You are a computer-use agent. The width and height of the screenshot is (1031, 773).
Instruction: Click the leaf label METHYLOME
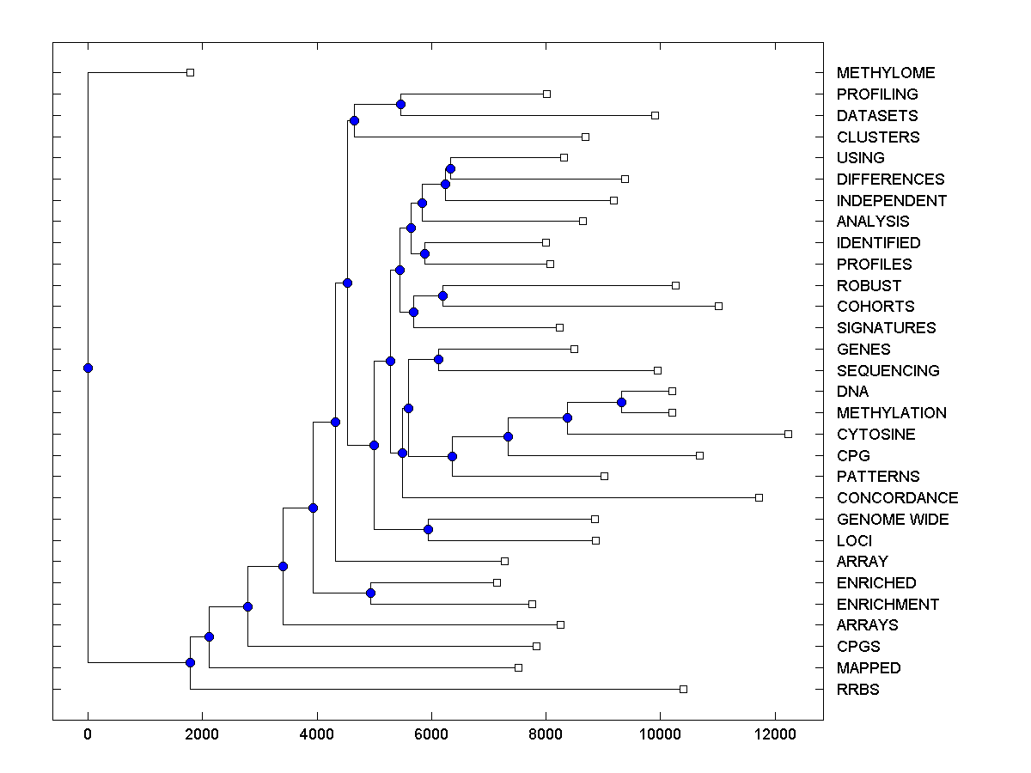pos(885,73)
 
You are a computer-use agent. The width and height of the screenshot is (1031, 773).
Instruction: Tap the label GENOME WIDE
pos(893,520)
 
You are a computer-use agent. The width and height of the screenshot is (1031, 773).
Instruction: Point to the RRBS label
pos(857,690)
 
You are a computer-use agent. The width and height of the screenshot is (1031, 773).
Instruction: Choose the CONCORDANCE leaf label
pos(897,498)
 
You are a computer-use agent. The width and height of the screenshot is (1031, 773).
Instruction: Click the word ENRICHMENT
pos(888,605)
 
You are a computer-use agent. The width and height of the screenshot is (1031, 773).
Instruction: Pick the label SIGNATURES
pos(886,328)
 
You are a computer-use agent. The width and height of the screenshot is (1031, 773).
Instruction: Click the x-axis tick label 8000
pos(546,733)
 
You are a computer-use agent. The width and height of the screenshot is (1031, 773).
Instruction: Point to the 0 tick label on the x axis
pos(88,733)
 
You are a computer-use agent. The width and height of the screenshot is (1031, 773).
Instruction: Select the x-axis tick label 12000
pos(775,733)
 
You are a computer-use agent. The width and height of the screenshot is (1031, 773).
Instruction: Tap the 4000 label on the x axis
pos(317,733)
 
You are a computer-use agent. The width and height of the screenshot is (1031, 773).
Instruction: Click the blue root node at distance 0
pos(88,368)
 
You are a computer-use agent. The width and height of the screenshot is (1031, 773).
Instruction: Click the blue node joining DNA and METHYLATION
pos(621,402)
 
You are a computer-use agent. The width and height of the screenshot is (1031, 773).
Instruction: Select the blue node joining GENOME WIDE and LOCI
pos(428,529)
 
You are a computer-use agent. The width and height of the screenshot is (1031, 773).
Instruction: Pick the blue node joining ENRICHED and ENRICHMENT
pos(370,593)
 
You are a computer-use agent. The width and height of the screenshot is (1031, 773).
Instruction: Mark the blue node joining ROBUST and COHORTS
pos(442,295)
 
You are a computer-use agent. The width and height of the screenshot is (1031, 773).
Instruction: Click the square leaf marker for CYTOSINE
pos(788,434)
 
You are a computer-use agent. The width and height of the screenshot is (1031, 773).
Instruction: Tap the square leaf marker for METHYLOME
pos(190,72)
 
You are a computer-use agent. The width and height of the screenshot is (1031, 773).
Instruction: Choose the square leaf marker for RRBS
pos(683,689)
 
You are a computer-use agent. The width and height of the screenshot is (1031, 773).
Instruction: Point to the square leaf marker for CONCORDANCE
pos(759,497)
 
